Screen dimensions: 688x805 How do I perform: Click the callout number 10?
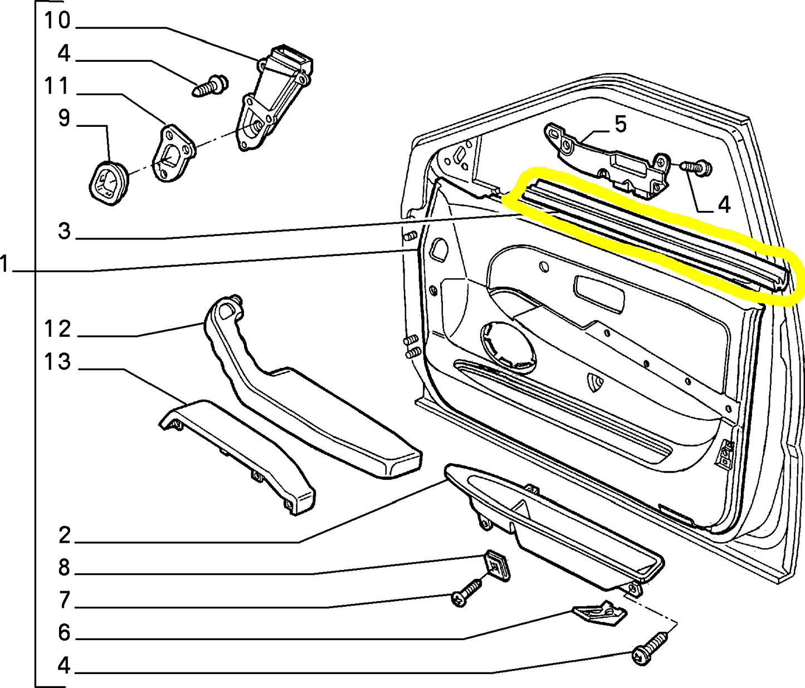click(57, 21)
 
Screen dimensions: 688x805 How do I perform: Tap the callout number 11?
click(57, 87)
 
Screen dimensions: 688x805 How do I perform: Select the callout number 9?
click(64, 119)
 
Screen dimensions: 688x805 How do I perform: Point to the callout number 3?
click(65, 230)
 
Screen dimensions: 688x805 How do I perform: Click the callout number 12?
click(57, 330)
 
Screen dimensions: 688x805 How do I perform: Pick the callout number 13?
click(57, 362)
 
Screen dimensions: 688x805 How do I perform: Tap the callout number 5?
click(621, 124)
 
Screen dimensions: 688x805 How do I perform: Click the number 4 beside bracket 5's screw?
click(723, 205)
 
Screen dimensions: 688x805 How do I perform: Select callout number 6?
click(64, 633)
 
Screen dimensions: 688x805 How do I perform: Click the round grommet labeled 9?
click(108, 183)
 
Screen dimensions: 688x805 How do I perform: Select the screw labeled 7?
click(467, 593)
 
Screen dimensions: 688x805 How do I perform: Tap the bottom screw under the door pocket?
click(650, 647)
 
